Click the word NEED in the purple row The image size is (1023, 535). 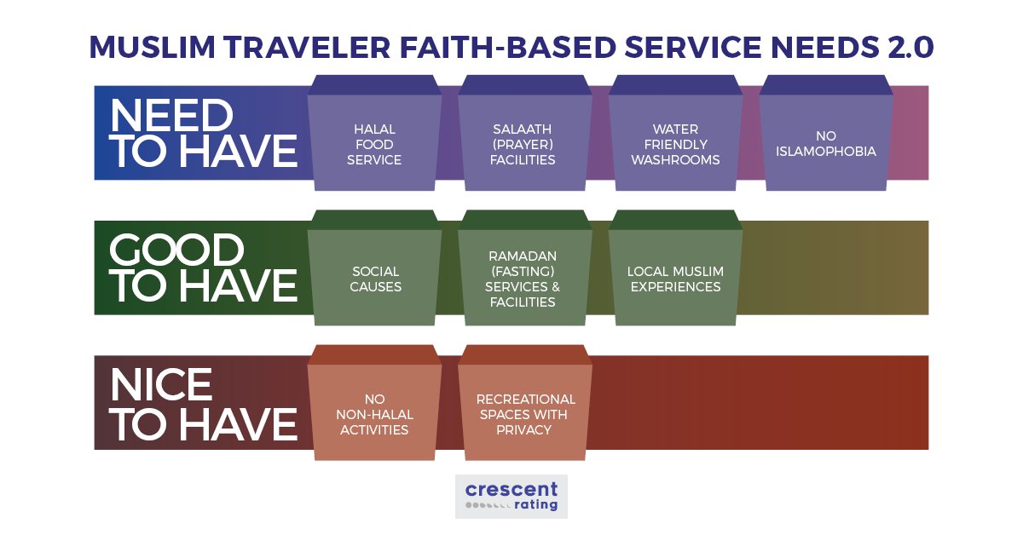point(171,116)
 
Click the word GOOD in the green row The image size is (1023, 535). point(176,250)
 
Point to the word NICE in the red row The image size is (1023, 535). point(161,385)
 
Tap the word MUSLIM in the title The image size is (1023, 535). point(152,47)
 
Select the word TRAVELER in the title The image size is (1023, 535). point(307,47)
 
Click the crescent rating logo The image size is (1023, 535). point(511,496)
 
